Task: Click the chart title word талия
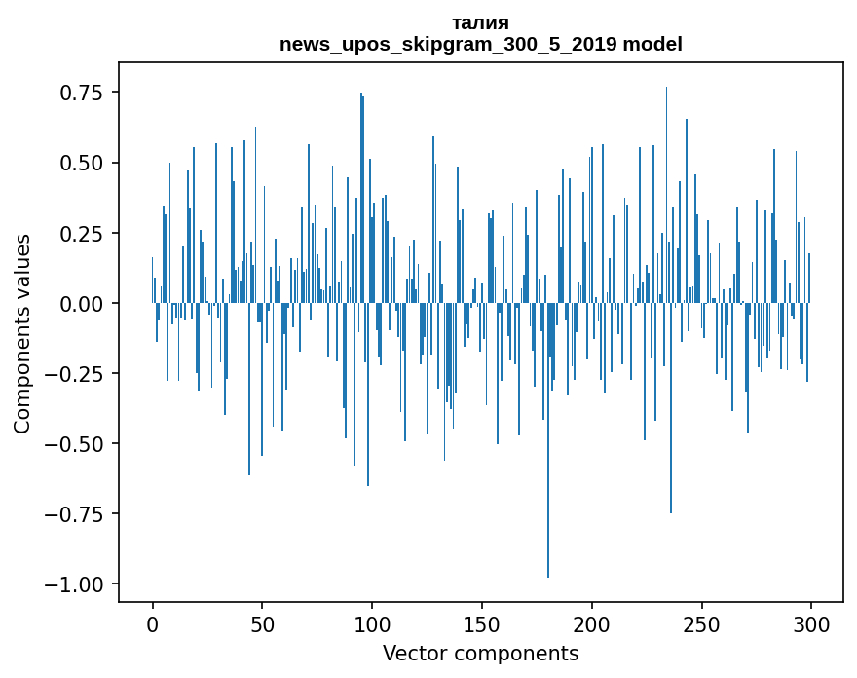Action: pyautogui.click(x=480, y=22)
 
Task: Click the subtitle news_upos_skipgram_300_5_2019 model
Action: pyautogui.click(x=480, y=44)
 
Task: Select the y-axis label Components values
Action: pyautogui.click(x=22, y=333)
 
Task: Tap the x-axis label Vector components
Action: pyautogui.click(x=480, y=654)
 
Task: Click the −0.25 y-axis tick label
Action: pyautogui.click(x=76, y=373)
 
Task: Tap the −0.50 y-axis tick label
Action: pyautogui.click(x=76, y=443)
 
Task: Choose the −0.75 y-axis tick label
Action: pyautogui.click(x=76, y=513)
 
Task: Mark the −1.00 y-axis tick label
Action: pyautogui.click(x=76, y=584)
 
